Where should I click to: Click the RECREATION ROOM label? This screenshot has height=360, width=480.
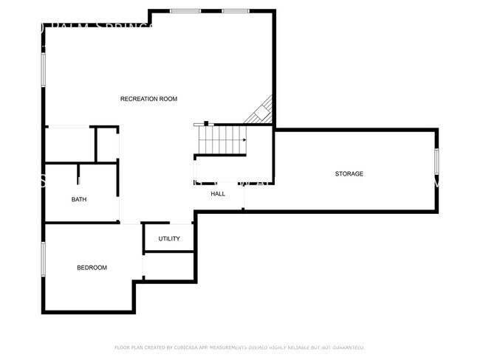coord(149,99)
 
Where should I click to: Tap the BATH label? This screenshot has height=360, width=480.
coord(79,199)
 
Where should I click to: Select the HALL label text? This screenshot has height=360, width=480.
coord(218,193)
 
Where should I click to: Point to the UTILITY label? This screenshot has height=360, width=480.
coord(169,238)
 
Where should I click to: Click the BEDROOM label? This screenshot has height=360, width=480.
coord(92,267)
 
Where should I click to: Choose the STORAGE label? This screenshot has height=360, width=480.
coord(349,173)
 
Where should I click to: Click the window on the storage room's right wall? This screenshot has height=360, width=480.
coord(436,161)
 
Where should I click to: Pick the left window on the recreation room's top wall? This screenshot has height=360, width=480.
coord(185,10)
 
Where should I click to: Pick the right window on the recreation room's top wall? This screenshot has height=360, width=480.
coord(235,10)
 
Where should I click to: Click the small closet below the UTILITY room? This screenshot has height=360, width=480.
coord(168,266)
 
